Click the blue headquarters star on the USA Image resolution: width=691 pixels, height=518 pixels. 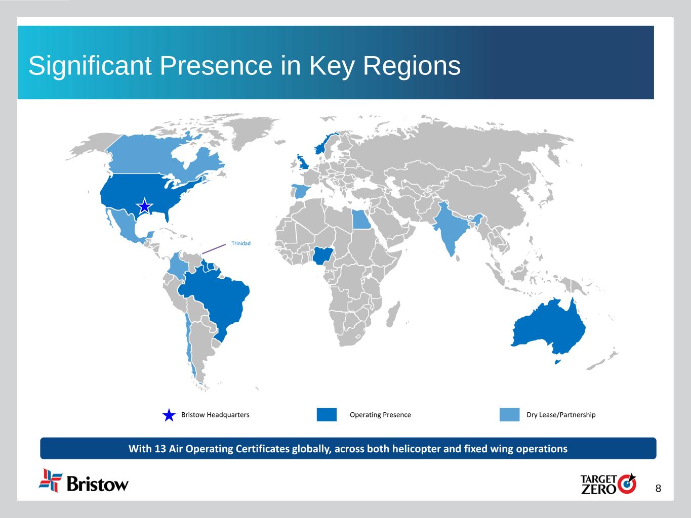tap(144, 206)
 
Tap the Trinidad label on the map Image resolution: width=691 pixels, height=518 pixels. tap(241, 243)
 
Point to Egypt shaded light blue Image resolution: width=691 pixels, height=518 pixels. tap(360, 220)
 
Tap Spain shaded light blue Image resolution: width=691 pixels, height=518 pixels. tap(301, 191)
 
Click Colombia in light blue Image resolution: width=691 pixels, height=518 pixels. tap(177, 265)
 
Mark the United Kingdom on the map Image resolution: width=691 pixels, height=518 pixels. tap(303, 162)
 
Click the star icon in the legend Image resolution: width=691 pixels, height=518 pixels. tap(169, 415)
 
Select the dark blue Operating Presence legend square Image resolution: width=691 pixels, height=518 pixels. tap(327, 414)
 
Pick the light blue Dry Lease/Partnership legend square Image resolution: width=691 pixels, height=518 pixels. tap(509, 414)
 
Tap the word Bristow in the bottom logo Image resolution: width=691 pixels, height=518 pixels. tap(98, 484)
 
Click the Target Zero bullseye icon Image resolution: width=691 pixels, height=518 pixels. tap(627, 484)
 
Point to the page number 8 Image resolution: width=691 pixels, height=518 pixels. tap(658, 489)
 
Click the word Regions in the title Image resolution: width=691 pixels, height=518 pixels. tap(412, 66)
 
